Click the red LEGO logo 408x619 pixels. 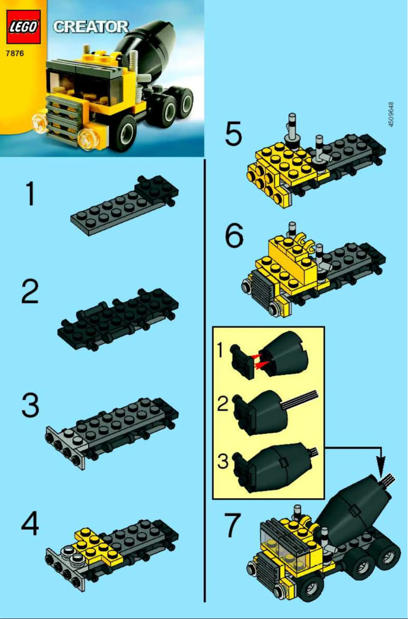coord(23,26)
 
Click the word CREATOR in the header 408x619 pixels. coord(91,26)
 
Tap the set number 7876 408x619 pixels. coord(15,52)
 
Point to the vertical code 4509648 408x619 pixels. coord(391,115)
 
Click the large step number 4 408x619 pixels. coord(31,524)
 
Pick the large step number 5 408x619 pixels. coord(235,135)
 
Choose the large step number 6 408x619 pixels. coord(235,237)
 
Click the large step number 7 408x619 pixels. coord(235,527)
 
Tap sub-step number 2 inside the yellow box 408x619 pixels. coord(222,405)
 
